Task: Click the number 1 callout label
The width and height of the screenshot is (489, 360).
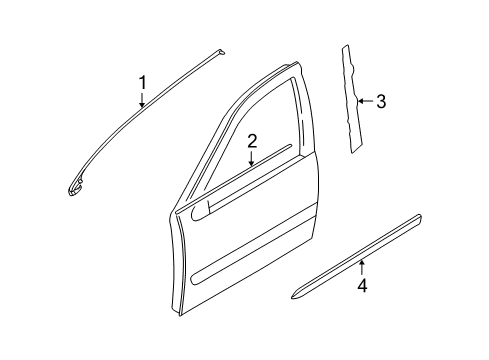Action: (x=143, y=81)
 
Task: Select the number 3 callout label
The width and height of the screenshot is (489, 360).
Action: (x=381, y=101)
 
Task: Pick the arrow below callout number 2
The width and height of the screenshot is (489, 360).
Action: (x=253, y=157)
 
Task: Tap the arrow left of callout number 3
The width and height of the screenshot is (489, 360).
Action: (x=364, y=101)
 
